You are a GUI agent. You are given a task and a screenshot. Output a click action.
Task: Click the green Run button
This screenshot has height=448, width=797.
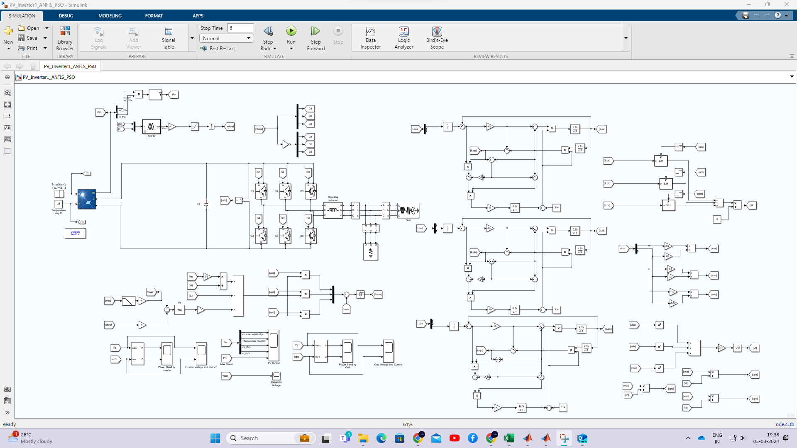coord(291,31)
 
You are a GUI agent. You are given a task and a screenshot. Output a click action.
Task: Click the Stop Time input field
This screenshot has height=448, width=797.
coord(240,28)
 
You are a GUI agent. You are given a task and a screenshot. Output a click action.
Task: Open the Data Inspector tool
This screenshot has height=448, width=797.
coord(370,38)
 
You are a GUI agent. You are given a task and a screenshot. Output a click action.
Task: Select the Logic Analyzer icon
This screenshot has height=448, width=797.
coord(403,38)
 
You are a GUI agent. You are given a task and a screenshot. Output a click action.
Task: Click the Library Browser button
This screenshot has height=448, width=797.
coord(65,38)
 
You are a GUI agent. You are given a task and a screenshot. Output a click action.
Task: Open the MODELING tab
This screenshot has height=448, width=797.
coord(110,16)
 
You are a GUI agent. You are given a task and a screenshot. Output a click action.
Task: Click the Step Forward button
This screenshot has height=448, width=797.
coord(315,38)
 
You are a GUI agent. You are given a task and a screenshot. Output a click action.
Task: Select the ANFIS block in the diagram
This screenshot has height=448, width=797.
coord(151,127)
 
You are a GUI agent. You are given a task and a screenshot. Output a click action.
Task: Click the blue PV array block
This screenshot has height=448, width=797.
coord(87,199)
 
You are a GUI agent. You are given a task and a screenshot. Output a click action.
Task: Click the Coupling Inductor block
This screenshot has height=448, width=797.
coord(333,210)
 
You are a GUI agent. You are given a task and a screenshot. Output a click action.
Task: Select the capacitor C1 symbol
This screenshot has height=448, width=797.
coord(206,204)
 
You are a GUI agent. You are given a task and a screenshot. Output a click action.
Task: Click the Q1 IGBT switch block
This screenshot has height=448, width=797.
coord(261,191)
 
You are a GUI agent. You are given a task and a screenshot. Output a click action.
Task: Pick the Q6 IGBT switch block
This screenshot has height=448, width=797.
coord(310,236)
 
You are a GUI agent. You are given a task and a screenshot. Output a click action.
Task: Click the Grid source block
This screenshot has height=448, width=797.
coord(408,210)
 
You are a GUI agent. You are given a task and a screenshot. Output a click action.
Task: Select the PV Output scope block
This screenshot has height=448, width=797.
coord(274,345)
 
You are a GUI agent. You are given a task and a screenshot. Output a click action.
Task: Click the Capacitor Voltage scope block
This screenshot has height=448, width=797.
coord(276,375)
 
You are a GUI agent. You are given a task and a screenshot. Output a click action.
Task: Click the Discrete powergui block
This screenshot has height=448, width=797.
coord(75,234)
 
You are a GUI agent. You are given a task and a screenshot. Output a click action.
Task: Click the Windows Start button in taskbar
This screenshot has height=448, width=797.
coord(215,438)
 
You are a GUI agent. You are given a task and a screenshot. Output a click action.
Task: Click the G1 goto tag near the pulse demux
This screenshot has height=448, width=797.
coord(310,109)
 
